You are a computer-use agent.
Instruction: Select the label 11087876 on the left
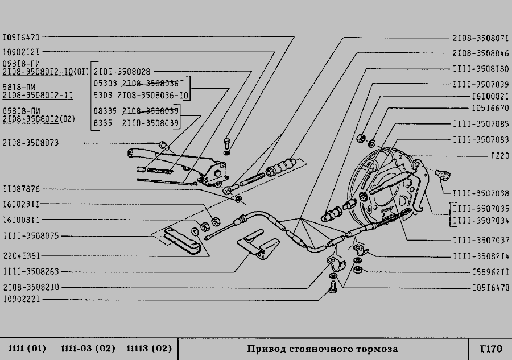point(22,189)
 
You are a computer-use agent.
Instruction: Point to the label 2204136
point(22,256)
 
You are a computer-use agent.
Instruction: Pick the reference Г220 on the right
point(499,155)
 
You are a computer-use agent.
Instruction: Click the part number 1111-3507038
point(480,193)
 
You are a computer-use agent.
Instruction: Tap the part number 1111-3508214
point(480,256)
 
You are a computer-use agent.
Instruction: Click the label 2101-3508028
point(122,71)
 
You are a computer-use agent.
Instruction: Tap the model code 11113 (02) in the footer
point(149,348)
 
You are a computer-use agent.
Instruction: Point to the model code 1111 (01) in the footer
point(27,348)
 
